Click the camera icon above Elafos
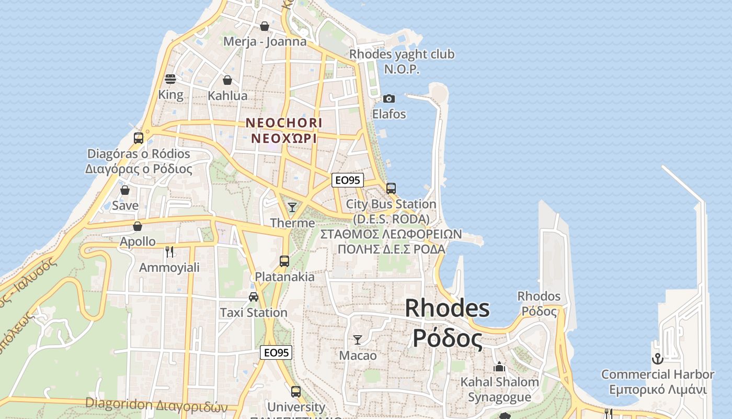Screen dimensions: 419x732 click(388, 98)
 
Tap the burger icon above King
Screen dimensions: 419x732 click(170, 79)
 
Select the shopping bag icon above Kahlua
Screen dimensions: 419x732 click(227, 80)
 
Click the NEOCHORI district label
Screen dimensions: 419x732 click(284, 123)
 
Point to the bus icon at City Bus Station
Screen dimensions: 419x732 click(391, 189)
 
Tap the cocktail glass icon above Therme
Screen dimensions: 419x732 click(292, 207)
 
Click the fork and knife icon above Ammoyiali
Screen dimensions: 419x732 click(169, 252)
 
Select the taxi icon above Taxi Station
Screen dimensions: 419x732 click(254, 297)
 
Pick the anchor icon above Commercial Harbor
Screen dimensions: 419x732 click(657, 359)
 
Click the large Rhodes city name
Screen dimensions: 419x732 click(447, 308)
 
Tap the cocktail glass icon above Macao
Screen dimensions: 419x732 click(358, 340)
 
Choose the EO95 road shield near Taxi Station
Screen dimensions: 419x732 click(276, 352)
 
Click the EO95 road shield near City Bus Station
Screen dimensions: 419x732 click(348, 180)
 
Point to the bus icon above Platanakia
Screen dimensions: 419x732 click(284, 261)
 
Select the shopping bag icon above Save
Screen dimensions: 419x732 click(125, 190)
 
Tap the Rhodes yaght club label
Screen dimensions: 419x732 click(402, 54)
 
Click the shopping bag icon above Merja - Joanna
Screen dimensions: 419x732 click(265, 26)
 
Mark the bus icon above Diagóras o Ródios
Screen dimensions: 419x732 click(139, 138)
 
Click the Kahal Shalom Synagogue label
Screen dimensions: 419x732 click(499, 389)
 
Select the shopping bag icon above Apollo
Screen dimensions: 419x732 click(138, 226)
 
